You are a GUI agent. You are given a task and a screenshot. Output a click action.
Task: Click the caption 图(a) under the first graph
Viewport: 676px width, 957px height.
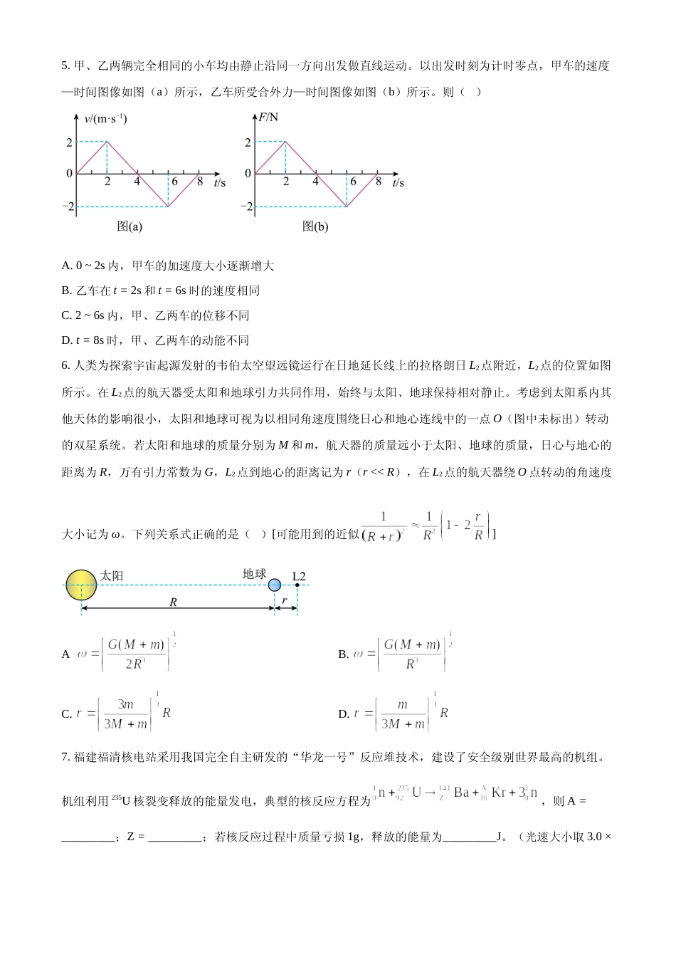(x=130, y=226)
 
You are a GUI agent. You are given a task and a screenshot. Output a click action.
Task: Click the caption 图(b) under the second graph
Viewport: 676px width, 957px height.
(x=315, y=226)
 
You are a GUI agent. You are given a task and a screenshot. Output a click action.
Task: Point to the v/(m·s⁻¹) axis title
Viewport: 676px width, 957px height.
(x=105, y=119)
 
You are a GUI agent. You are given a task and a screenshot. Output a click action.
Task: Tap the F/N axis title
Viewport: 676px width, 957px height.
(x=268, y=117)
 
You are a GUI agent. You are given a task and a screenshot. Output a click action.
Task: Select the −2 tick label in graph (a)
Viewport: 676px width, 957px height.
(x=68, y=206)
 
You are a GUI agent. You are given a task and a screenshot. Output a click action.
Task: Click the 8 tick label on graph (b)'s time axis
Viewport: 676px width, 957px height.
(x=379, y=182)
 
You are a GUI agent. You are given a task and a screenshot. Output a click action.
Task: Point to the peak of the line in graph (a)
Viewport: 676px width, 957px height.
(x=107, y=142)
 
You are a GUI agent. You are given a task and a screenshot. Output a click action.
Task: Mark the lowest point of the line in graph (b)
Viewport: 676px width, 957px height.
(x=347, y=206)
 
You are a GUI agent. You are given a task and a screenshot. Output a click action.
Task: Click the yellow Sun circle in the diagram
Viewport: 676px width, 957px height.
(x=81, y=585)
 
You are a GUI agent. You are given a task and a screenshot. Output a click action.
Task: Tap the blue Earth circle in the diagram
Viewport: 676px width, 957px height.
(x=275, y=585)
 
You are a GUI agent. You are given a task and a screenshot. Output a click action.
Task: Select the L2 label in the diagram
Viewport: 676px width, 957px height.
(x=299, y=576)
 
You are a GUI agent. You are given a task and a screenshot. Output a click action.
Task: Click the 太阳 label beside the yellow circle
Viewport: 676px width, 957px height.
(x=112, y=575)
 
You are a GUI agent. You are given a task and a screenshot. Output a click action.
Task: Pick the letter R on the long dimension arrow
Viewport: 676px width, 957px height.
(x=173, y=602)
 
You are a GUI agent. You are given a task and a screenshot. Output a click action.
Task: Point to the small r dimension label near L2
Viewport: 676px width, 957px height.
(x=285, y=601)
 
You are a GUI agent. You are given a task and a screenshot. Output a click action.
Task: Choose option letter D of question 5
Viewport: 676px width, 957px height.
(x=66, y=340)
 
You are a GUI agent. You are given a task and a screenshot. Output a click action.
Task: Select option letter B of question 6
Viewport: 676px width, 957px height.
(x=343, y=654)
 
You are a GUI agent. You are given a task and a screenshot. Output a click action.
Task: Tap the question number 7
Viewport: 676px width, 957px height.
(x=65, y=757)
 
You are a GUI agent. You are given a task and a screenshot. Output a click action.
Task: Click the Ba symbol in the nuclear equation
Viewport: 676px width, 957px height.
(x=462, y=793)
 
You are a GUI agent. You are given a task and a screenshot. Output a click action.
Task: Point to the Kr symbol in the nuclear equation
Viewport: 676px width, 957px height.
(x=498, y=793)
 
